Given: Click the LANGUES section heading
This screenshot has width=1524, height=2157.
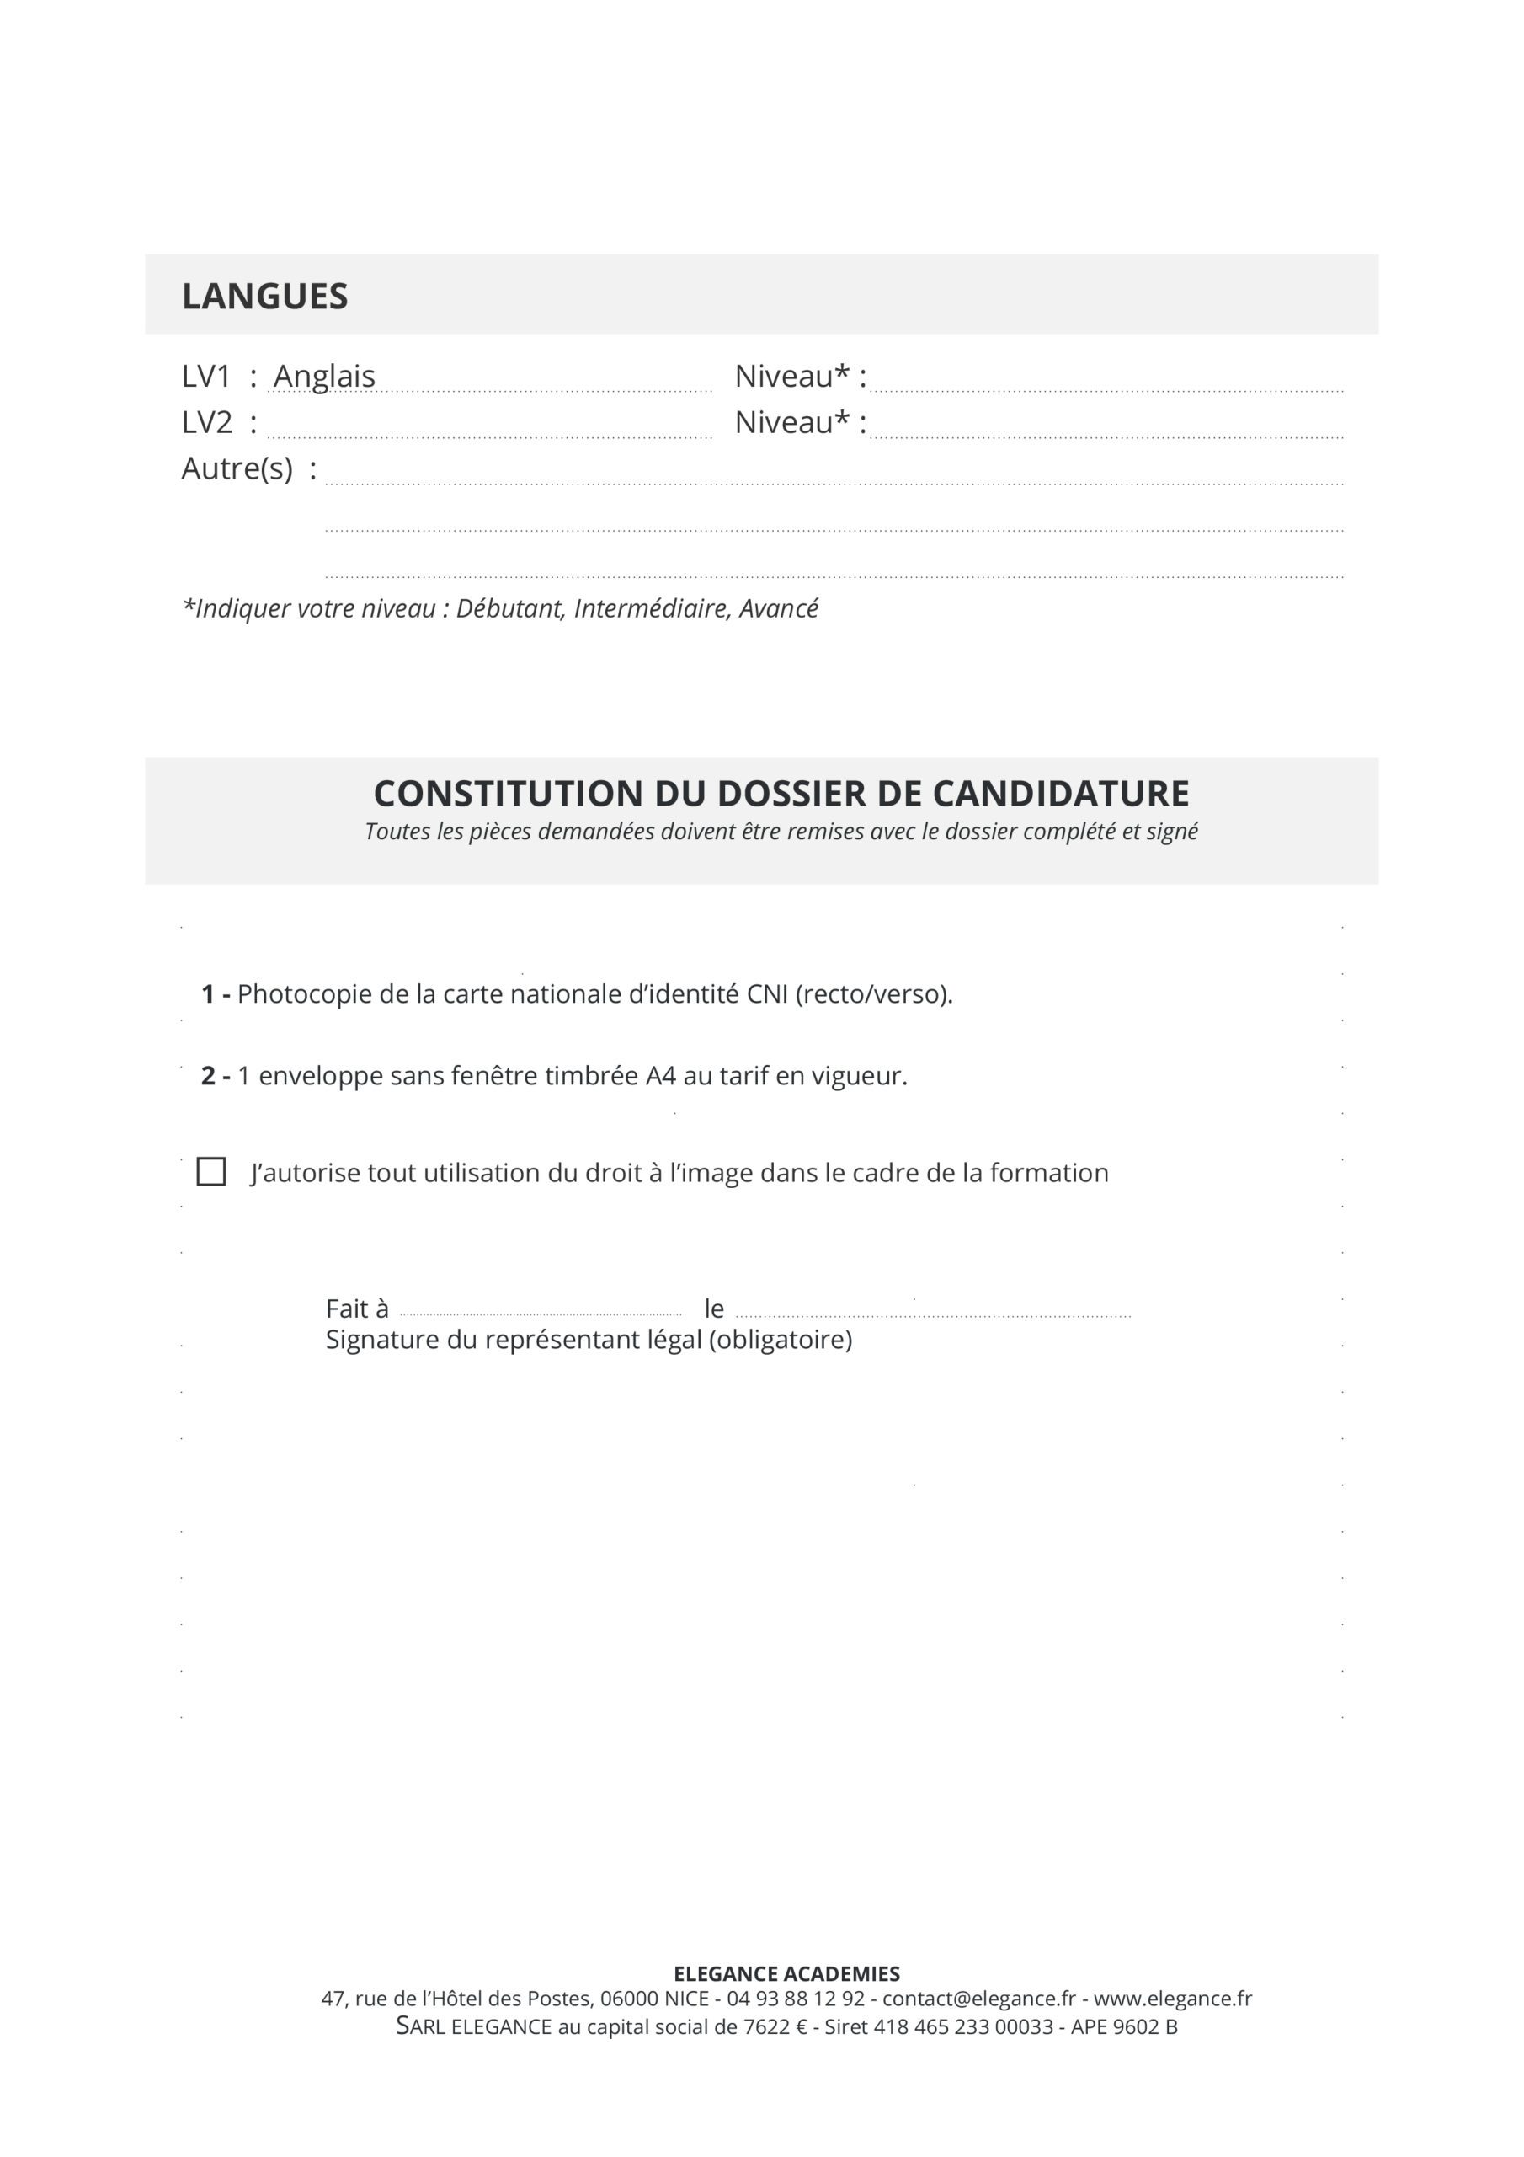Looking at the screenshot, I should [x=264, y=296].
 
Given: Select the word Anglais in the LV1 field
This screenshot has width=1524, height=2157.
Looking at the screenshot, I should [x=324, y=376].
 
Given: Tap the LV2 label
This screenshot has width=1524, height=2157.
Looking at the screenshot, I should [x=206, y=423].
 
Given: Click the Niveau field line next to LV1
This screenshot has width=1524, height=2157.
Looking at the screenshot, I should [x=1106, y=386].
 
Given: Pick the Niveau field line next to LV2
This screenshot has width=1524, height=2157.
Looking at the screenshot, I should [x=1106, y=433].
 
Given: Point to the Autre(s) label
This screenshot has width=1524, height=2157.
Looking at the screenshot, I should [x=237, y=468].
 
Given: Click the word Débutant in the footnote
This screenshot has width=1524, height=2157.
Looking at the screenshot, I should [x=511, y=609].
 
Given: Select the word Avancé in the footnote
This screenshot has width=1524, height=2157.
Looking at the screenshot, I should [x=779, y=609].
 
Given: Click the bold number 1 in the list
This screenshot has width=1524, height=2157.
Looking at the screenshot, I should [x=207, y=994].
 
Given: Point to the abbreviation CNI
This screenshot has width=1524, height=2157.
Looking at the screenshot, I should [x=767, y=994].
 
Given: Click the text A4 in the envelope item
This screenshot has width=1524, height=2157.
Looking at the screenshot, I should [x=660, y=1076].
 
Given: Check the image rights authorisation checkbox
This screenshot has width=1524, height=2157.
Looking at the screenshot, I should [x=211, y=1171].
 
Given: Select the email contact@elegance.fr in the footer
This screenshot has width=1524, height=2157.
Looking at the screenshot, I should [x=978, y=1999].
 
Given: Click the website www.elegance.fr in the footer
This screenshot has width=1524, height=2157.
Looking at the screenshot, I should [x=1173, y=1999].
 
